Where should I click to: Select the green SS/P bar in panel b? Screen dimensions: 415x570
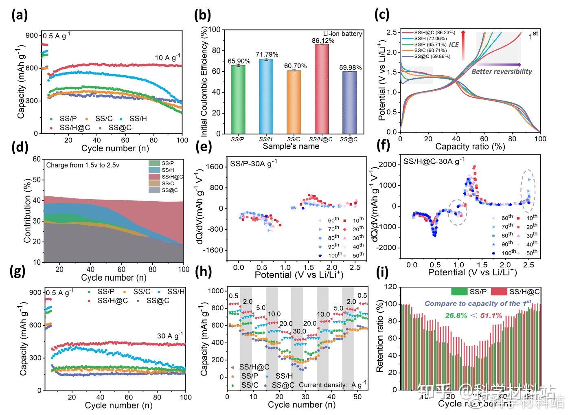(x=238, y=99)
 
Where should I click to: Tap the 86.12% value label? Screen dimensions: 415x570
(x=323, y=41)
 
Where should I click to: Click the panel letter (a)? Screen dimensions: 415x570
(x=20, y=15)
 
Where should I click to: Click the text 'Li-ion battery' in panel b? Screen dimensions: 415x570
(x=342, y=33)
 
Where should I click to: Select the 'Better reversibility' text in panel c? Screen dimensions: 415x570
(x=502, y=72)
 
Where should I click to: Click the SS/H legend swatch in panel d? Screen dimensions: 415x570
(x=154, y=170)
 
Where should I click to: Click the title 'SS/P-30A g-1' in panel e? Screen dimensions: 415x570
(x=254, y=164)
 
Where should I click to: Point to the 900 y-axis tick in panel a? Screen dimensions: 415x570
(x=32, y=35)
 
